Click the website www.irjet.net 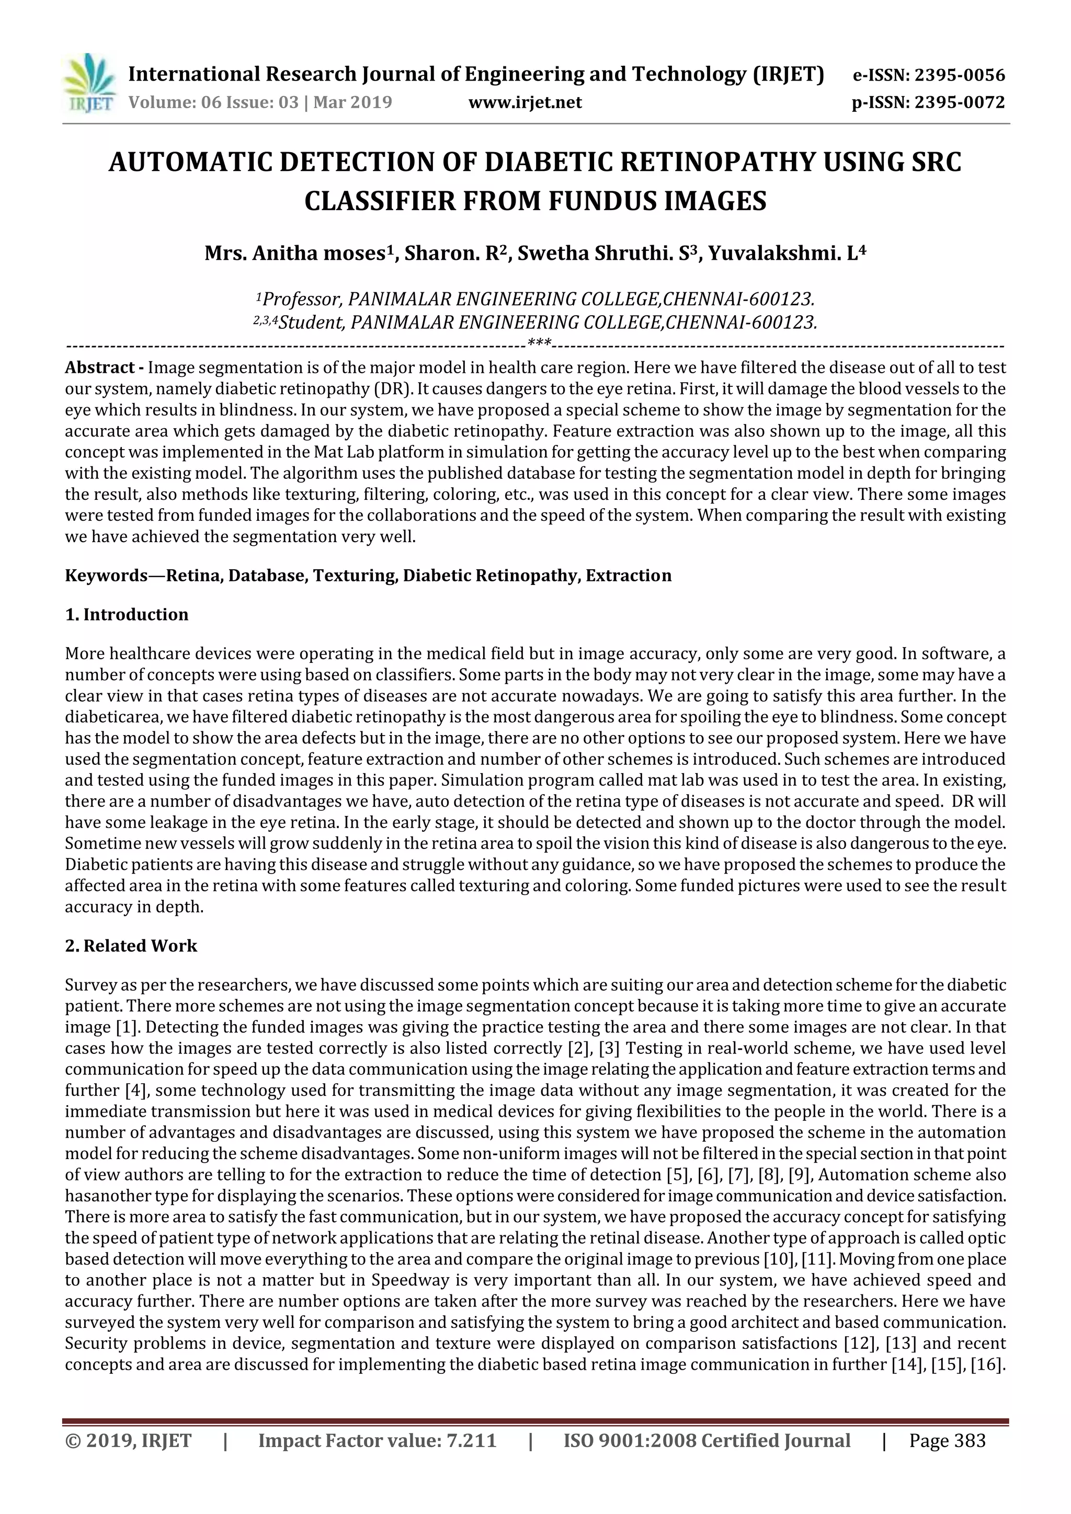pos(525,102)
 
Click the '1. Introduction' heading pos(127,615)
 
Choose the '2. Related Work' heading pos(131,946)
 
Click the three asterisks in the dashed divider pos(540,343)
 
